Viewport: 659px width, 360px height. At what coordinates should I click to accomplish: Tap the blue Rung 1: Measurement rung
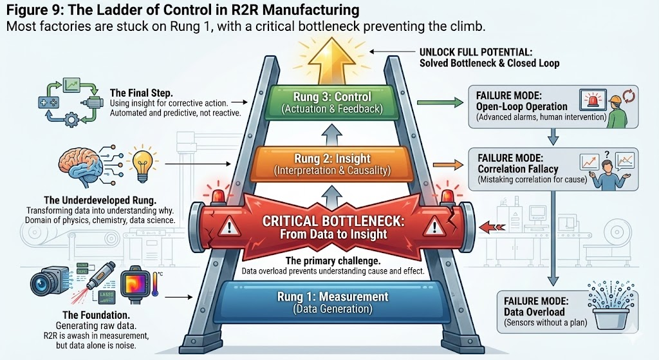[332, 301]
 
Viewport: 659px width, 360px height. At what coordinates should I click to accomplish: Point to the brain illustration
[83, 166]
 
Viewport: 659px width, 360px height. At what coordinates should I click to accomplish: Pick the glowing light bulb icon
[142, 160]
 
